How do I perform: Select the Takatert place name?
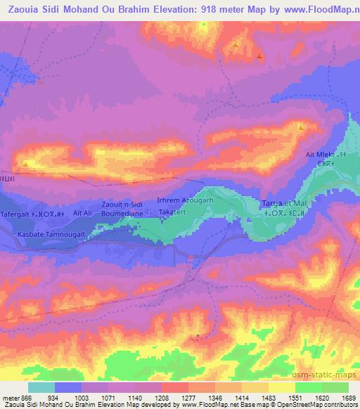172,212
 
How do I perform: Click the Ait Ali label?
82,212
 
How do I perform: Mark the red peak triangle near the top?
260,56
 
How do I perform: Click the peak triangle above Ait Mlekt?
301,127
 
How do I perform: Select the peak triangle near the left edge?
26,164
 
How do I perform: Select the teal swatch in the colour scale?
41,387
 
